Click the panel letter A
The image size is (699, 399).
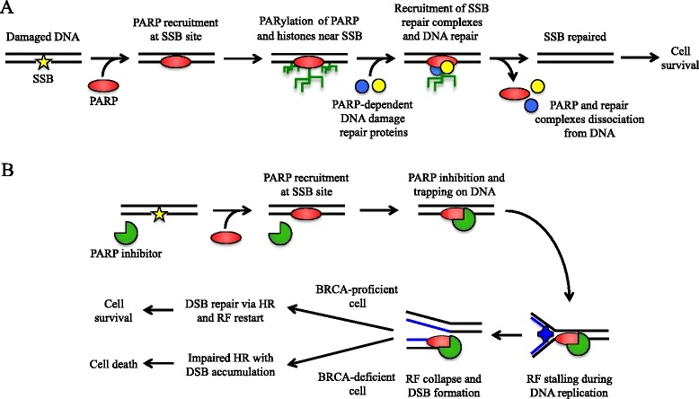pos(10,11)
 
